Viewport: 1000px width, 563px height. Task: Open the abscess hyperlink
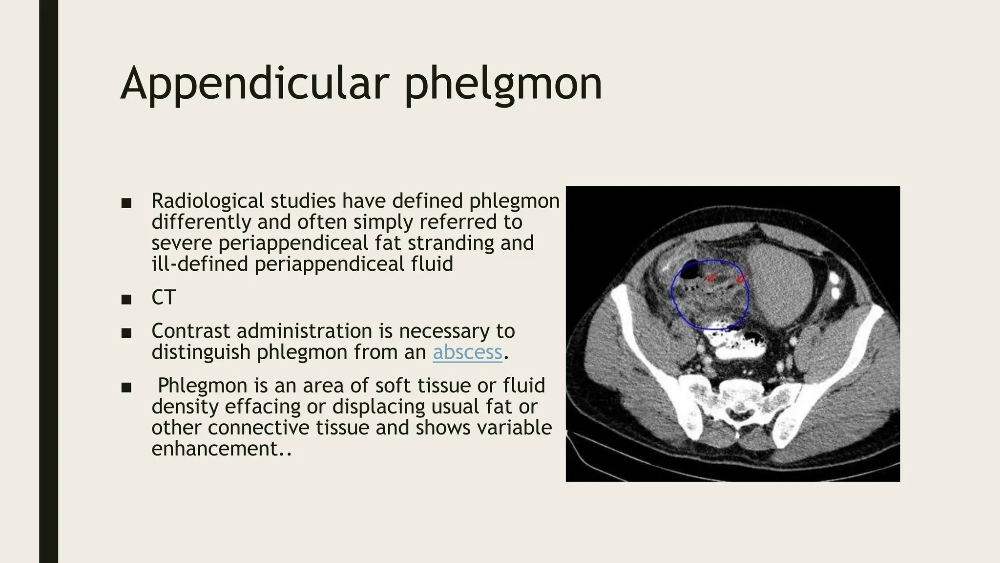point(467,352)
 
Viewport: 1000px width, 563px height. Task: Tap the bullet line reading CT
point(164,298)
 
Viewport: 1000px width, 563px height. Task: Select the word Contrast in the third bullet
point(190,331)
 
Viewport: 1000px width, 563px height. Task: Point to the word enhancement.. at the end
point(221,448)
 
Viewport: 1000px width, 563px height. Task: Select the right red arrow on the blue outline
point(741,279)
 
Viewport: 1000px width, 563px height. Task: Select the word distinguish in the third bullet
point(201,352)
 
